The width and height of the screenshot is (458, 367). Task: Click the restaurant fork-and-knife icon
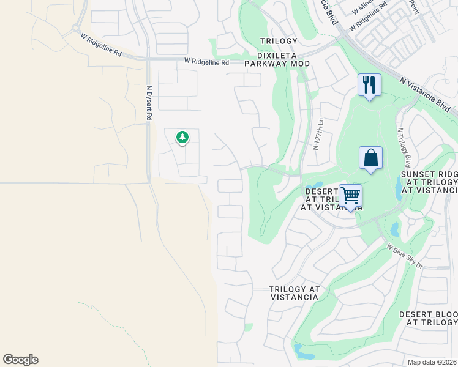(x=369, y=84)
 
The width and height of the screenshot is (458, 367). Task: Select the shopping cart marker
(x=350, y=196)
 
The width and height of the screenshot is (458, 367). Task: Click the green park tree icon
(x=182, y=138)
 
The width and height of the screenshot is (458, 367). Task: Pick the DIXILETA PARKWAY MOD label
(x=277, y=64)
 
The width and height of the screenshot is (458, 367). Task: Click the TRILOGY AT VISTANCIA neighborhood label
(x=294, y=293)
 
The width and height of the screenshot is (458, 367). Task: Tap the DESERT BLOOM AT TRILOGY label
(x=429, y=318)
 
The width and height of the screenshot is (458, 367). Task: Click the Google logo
(x=20, y=360)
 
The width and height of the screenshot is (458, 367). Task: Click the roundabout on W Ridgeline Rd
(x=76, y=28)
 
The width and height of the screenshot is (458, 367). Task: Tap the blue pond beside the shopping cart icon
(x=317, y=185)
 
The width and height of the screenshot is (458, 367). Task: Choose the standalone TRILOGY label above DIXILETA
(x=279, y=41)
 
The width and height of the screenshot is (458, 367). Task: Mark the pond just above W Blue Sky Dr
(x=394, y=230)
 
